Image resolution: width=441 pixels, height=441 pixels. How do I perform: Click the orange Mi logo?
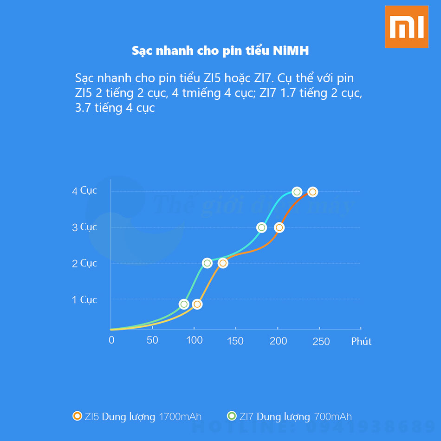pos(406,26)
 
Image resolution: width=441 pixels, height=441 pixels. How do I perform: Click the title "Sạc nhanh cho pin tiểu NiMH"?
pos(220,51)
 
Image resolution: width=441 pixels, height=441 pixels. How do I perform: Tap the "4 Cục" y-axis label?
pos(84,190)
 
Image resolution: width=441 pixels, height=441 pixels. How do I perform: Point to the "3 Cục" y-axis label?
pos(84,227)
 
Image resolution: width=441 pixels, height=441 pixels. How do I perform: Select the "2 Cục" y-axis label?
pos(84,263)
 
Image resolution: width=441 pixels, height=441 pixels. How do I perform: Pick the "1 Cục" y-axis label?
pos(84,300)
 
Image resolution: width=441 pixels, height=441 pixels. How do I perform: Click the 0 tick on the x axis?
pos(111,340)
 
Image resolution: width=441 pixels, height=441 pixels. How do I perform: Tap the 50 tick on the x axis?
pos(152,340)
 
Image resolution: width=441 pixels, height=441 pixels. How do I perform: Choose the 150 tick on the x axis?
pos(235,341)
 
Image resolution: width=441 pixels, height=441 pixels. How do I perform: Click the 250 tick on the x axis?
pos(321,342)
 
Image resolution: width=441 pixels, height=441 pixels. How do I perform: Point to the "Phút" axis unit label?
pos(361,342)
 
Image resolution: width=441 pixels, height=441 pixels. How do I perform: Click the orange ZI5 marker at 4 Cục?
pos(312,192)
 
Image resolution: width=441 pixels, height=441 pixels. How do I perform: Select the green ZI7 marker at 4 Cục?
pos(297,192)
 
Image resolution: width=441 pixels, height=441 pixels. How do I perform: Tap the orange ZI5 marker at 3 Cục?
pos(279,227)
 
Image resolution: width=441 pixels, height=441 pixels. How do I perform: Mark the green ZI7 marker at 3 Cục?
pos(262,227)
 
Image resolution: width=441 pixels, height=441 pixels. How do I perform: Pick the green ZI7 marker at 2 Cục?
pos(207,263)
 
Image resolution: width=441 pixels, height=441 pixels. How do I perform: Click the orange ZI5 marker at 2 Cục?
pos(223,263)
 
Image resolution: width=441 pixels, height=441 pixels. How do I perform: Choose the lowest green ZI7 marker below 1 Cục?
pos(184,304)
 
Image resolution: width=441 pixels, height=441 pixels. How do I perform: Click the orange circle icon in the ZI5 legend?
pos(78,416)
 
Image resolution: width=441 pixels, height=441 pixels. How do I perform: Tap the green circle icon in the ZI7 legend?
pos(232,416)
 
